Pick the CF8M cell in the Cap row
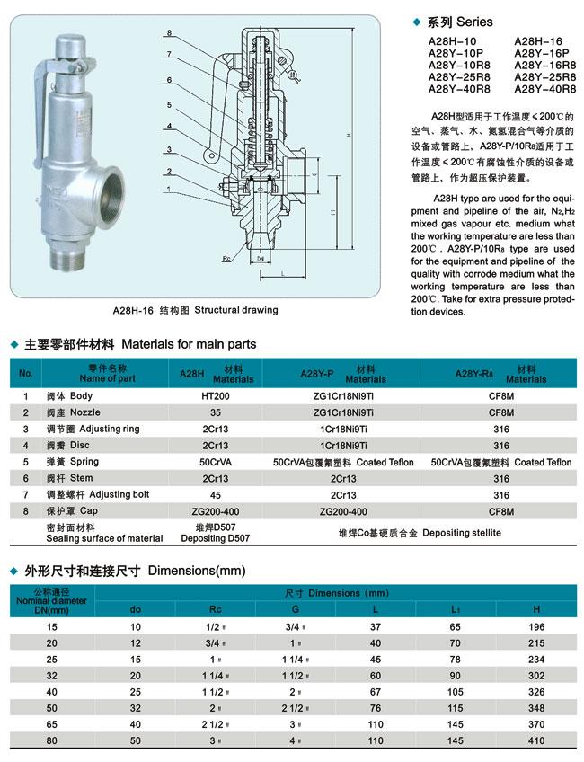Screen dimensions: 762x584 (500, 511)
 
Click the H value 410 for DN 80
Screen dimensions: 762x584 (536, 741)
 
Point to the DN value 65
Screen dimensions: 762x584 (50, 724)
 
